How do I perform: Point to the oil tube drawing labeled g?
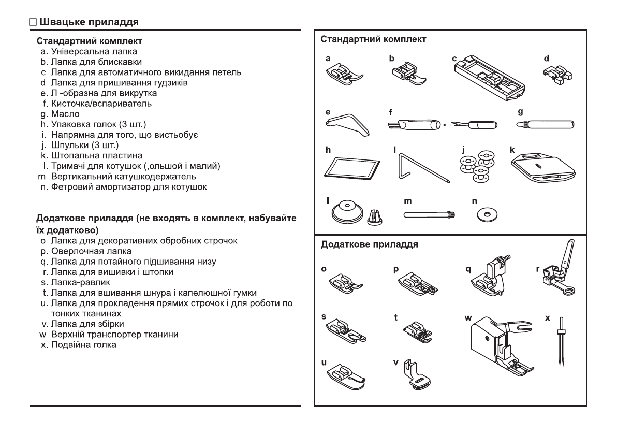coord(546,125)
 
